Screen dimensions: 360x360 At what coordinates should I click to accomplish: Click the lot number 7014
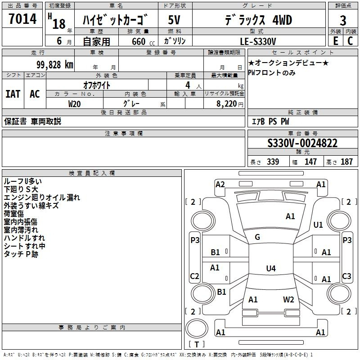(x=22, y=18)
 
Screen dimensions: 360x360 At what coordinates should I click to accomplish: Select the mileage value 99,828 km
(x=55, y=65)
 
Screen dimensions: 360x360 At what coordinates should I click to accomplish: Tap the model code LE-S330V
(x=258, y=41)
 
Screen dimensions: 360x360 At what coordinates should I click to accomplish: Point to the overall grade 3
(x=343, y=20)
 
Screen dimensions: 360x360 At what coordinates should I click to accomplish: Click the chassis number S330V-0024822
(x=302, y=143)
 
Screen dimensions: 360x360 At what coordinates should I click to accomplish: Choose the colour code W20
(x=74, y=104)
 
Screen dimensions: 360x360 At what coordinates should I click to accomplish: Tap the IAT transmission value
(x=13, y=94)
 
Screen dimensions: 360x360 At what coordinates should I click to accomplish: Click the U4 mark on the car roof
(x=271, y=268)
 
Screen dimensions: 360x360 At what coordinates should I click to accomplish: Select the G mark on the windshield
(x=257, y=237)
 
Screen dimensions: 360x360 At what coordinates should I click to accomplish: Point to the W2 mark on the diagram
(x=288, y=299)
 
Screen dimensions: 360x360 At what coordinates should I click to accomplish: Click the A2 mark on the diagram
(x=220, y=184)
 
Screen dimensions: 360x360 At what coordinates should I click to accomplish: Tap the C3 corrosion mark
(x=346, y=276)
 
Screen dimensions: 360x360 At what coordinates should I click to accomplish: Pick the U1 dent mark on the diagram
(x=318, y=225)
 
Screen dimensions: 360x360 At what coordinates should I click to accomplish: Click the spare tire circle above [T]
(x=197, y=328)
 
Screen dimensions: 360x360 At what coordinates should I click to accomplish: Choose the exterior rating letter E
(x=336, y=41)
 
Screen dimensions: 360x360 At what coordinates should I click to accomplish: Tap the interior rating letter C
(x=350, y=41)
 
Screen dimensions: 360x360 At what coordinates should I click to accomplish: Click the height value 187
(x=346, y=162)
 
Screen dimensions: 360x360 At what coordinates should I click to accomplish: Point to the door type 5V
(x=174, y=20)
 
